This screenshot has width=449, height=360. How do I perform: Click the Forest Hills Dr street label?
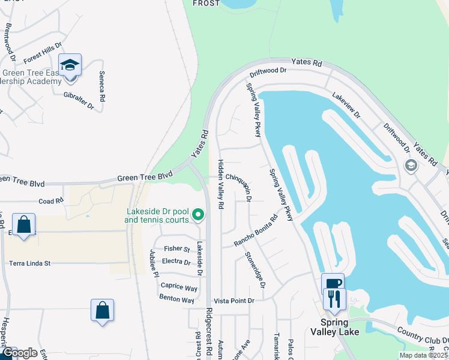coord(43,53)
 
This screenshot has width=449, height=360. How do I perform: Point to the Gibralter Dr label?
coord(79,100)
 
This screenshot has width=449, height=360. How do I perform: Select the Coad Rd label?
coord(50,202)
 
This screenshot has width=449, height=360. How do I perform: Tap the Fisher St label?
coord(177,248)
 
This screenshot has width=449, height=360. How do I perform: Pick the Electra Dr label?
coord(176,262)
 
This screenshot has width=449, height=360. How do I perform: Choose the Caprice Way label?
coord(179,288)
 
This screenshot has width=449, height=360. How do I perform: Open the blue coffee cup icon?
coord(333,284)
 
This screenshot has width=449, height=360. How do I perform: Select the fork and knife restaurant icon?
coord(334,299)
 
